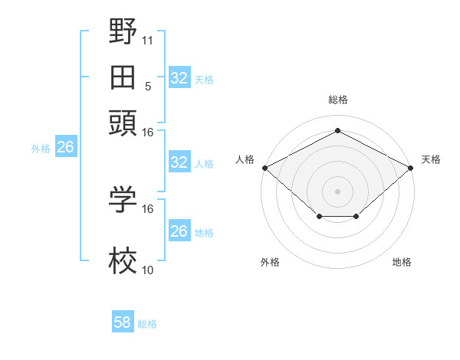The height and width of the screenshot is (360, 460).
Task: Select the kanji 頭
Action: click(123, 122)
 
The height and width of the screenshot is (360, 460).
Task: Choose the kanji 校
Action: click(123, 263)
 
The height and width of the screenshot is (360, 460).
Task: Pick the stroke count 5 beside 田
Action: click(148, 85)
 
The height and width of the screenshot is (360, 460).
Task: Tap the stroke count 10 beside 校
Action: click(148, 269)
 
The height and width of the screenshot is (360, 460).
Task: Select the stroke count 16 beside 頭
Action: click(148, 132)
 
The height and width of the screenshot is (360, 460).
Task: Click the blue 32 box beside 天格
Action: click(179, 77)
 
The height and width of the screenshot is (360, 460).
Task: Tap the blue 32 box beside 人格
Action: click(179, 162)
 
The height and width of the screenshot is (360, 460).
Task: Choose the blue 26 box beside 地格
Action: click(179, 231)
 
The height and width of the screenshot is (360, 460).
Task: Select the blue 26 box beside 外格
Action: click(65, 148)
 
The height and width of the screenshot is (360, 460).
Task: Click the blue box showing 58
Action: click(122, 322)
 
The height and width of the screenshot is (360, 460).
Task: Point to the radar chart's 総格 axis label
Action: click(338, 100)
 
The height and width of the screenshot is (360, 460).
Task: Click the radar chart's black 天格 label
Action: click(431, 159)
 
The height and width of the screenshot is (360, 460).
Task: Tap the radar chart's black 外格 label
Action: click(270, 262)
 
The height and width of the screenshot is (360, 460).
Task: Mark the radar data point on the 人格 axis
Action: click(264, 167)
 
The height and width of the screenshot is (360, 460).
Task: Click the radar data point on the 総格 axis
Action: click(338, 130)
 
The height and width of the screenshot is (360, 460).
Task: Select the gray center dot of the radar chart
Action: click(338, 190)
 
